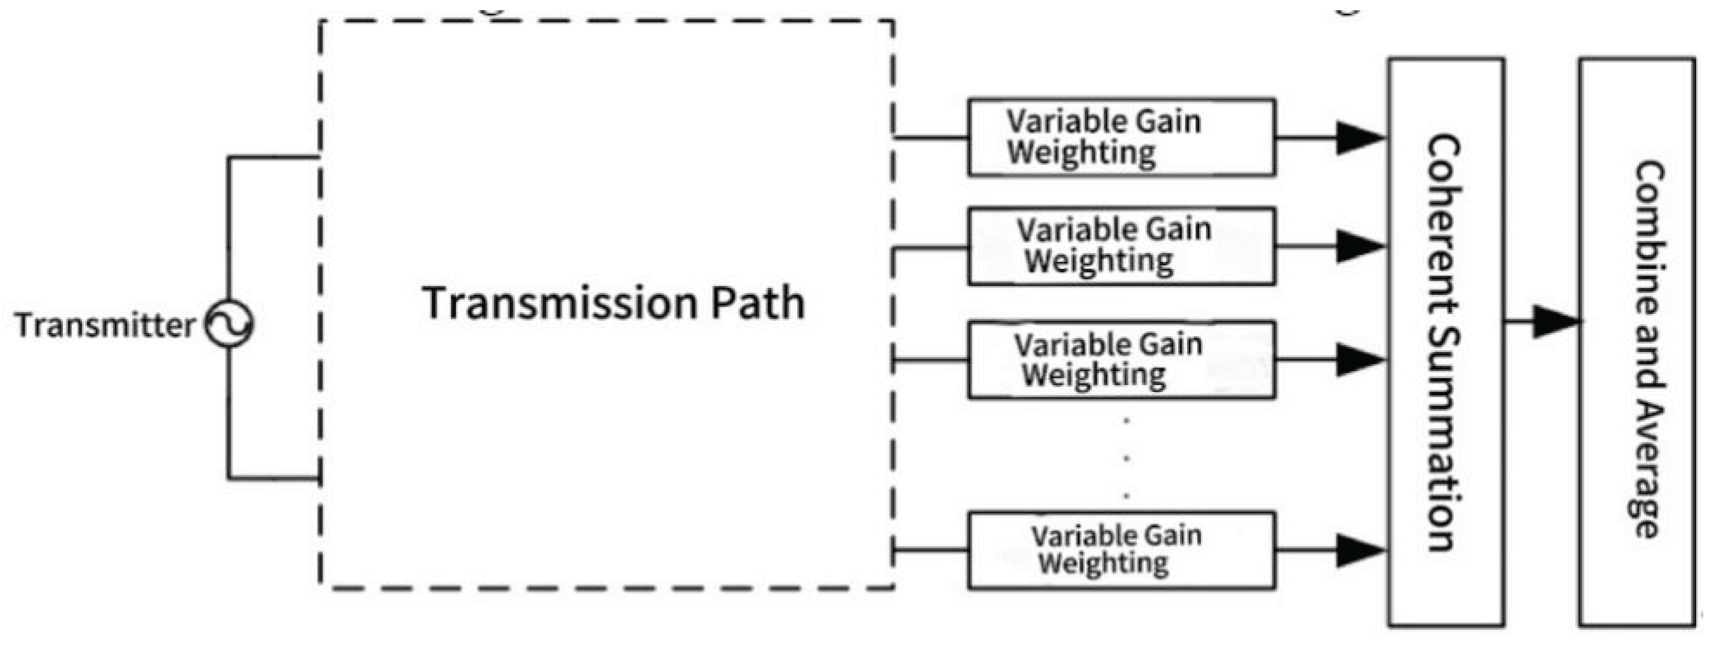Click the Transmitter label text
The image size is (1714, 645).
click(x=104, y=325)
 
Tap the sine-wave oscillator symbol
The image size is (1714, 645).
click(x=228, y=324)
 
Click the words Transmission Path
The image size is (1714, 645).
click(x=613, y=303)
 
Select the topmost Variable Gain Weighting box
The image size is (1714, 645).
click(x=1121, y=138)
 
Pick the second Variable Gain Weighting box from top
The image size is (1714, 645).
click(x=1121, y=247)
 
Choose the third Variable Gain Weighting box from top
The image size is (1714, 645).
click(x=1121, y=360)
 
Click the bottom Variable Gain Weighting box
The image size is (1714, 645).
click(x=1121, y=550)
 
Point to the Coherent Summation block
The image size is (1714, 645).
click(x=1445, y=343)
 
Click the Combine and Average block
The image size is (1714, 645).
click(x=1636, y=343)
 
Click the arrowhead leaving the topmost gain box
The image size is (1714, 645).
click(x=1360, y=139)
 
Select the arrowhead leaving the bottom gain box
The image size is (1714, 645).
click(x=1360, y=550)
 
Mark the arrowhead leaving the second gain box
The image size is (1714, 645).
click(x=1360, y=247)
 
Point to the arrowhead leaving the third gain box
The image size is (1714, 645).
click(x=1360, y=360)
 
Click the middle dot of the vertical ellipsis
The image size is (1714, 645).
click(x=1126, y=458)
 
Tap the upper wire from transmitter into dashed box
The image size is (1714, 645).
click(x=273, y=157)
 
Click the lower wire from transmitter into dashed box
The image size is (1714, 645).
click(x=273, y=478)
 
